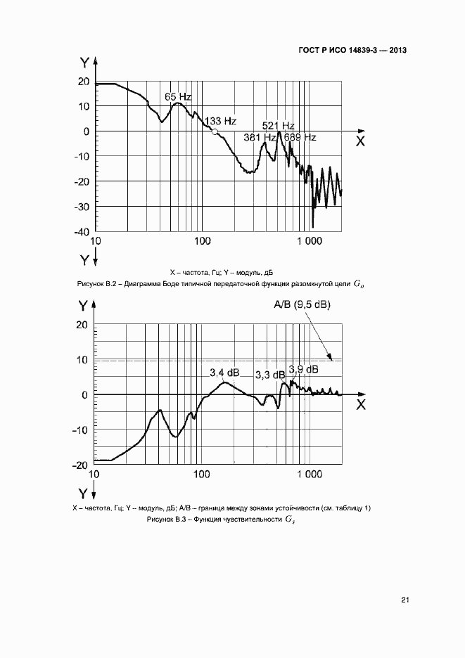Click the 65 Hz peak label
[x=178, y=96]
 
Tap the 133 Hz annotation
[x=219, y=121]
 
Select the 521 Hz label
[x=277, y=126]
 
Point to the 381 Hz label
[x=258, y=138]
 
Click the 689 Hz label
[x=300, y=138]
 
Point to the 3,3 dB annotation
[x=269, y=375]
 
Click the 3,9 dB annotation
[x=303, y=369]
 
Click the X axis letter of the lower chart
[x=360, y=405]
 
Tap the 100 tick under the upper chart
[x=202, y=240]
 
